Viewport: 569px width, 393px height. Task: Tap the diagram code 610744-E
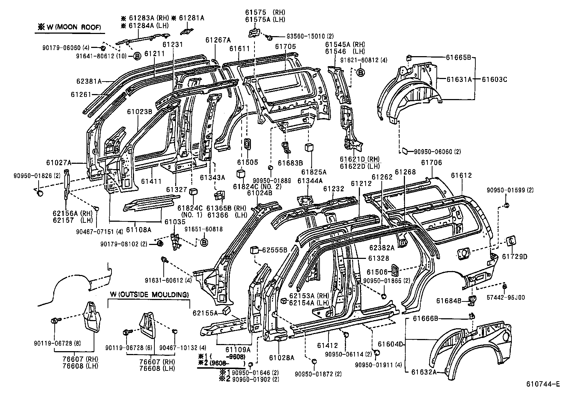(542, 384)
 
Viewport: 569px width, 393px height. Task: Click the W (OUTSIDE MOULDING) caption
(149, 295)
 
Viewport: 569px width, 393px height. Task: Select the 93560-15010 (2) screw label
(310, 36)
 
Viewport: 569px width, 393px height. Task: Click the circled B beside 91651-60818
(204, 243)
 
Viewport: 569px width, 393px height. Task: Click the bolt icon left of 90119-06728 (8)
(55, 321)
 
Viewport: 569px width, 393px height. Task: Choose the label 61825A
(314, 172)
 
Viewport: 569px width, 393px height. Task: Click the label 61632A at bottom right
(424, 372)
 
